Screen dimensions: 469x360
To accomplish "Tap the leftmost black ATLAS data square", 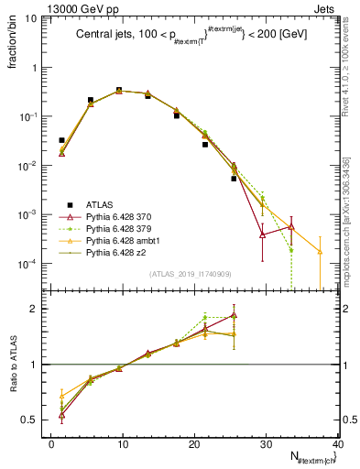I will coord(61,140).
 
